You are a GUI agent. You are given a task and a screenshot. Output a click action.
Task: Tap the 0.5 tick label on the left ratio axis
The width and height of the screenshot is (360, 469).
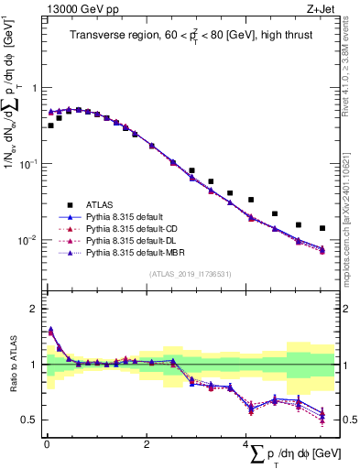click(x=30, y=420)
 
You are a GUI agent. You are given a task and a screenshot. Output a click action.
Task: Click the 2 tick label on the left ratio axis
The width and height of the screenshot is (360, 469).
click(x=35, y=309)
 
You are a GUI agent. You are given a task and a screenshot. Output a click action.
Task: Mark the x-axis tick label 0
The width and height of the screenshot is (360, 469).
click(x=46, y=444)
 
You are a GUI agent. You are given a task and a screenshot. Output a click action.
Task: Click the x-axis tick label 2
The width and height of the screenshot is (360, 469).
click(x=147, y=444)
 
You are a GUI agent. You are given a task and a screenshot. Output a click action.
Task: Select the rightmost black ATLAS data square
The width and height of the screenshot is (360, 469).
click(x=322, y=228)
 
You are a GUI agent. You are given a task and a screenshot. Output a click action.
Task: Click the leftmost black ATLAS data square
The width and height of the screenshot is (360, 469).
click(x=50, y=125)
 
